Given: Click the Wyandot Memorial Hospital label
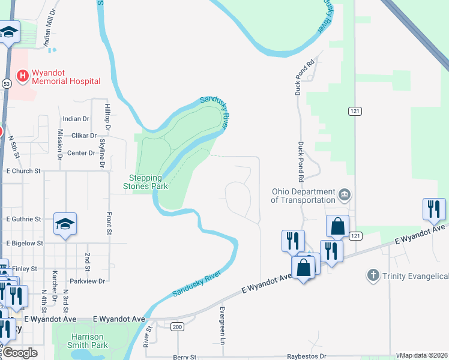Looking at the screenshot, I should click(x=65, y=76).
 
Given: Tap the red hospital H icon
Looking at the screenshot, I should click(x=23, y=76).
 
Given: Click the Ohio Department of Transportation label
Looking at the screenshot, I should click(x=303, y=196).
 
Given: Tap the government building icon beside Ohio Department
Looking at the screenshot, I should click(x=345, y=194).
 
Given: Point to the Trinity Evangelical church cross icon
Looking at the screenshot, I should click(x=372, y=275).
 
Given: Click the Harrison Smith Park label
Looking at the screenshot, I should click(x=89, y=341).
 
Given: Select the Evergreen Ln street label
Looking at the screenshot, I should click(x=221, y=326).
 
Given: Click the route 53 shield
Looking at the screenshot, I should click(x=6, y=83).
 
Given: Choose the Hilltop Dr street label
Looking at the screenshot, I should click(x=107, y=117).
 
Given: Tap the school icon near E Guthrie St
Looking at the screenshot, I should click(x=65, y=224).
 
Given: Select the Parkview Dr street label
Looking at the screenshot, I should click(x=87, y=281).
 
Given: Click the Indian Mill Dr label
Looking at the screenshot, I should click(x=50, y=28).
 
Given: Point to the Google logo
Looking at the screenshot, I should click(x=20, y=353).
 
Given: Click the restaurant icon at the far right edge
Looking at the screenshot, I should click(x=434, y=209).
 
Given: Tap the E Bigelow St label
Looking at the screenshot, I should click(x=24, y=244).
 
